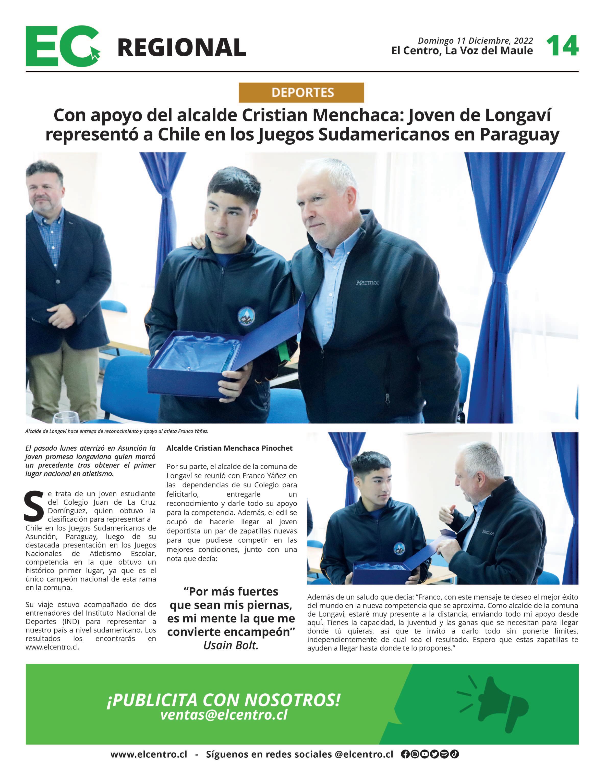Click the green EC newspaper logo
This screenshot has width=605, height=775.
62,46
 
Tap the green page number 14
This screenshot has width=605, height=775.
562,46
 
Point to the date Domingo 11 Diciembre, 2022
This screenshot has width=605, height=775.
475,41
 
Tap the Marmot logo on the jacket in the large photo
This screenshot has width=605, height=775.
367,283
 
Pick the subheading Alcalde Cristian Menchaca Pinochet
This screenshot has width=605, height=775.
229,448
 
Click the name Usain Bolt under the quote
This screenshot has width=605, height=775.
231,645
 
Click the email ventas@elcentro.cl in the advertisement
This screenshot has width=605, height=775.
224,714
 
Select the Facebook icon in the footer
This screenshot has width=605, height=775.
405,754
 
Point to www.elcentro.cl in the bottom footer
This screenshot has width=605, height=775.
149,754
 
